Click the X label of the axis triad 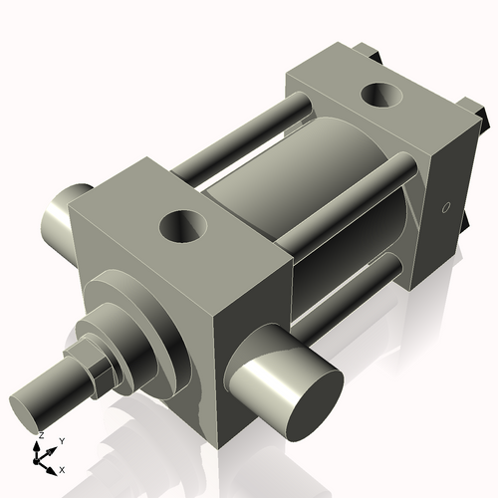tap(63, 468)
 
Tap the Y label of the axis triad tap(61, 440)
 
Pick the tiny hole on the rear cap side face tap(445, 207)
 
